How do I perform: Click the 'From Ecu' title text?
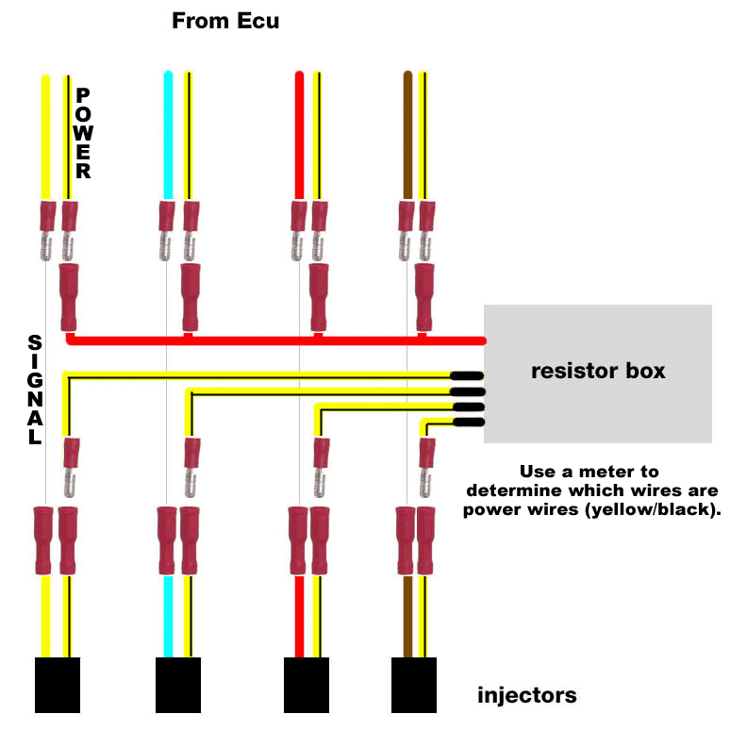(x=225, y=21)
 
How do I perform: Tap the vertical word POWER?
(x=83, y=133)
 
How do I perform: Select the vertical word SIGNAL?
(x=35, y=390)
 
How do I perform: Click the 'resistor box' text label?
(x=598, y=371)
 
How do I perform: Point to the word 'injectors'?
(x=527, y=696)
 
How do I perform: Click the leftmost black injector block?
(x=57, y=685)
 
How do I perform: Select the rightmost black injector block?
(x=414, y=685)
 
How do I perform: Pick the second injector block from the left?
(x=178, y=685)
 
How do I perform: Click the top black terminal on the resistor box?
(x=468, y=375)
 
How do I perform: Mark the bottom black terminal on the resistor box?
(x=468, y=422)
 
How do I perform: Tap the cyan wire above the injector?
(x=168, y=617)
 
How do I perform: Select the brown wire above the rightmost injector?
(x=407, y=617)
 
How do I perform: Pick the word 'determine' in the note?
(x=513, y=491)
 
